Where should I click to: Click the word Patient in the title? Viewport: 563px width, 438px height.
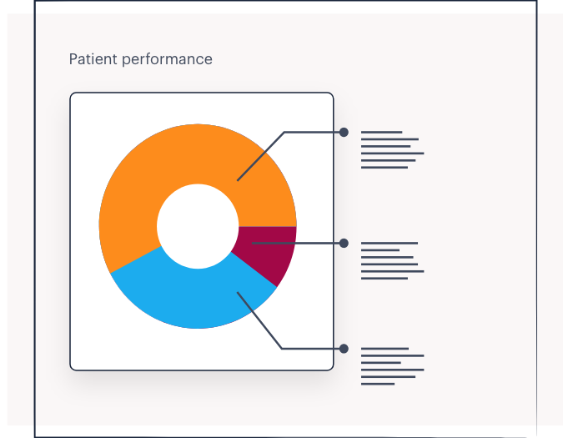(x=93, y=59)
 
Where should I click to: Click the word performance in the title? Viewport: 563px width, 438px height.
(x=167, y=60)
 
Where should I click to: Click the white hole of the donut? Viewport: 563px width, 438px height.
(x=198, y=226)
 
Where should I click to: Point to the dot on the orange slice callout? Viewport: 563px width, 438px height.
(x=344, y=133)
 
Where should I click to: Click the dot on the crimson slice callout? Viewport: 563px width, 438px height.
(x=344, y=243)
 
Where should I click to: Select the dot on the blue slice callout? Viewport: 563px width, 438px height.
(x=344, y=349)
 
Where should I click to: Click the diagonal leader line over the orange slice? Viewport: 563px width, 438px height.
(x=261, y=156)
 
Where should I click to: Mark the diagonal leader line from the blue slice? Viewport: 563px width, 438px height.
(x=259, y=320)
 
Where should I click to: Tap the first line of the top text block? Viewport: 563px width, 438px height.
(x=381, y=132)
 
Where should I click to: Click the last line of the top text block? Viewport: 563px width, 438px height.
(x=385, y=168)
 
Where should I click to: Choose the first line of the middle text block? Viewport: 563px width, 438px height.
(x=390, y=243)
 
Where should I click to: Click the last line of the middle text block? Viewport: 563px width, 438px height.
(x=385, y=279)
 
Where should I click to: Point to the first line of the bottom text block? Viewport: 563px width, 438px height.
(x=385, y=349)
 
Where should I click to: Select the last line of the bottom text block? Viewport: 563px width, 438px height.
(x=378, y=384)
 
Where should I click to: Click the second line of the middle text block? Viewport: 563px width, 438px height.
(x=380, y=250)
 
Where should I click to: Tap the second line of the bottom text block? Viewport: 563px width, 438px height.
(x=393, y=355)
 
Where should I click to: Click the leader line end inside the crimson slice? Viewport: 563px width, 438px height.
(x=253, y=243)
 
